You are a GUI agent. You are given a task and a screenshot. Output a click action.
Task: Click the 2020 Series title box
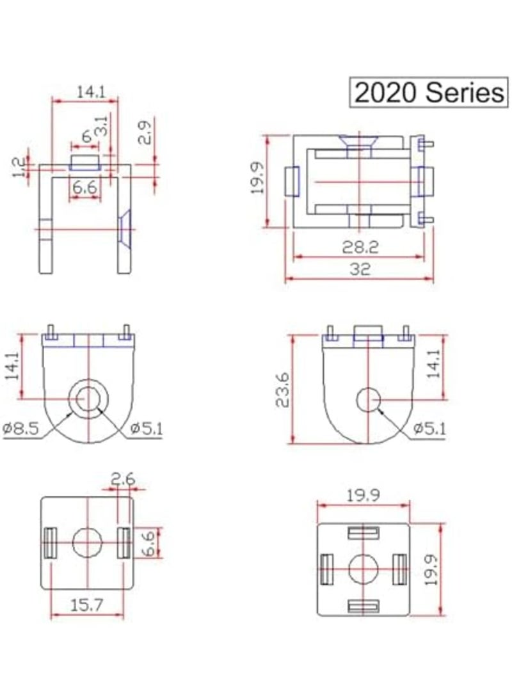tap(428, 93)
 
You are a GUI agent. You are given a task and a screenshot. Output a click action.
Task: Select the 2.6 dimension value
tap(122, 479)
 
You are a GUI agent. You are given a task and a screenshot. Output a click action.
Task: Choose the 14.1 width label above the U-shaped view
tap(90, 92)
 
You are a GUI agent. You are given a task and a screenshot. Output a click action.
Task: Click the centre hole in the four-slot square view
tap(363, 568)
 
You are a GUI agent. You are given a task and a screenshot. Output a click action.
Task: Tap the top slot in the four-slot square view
tap(363, 532)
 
